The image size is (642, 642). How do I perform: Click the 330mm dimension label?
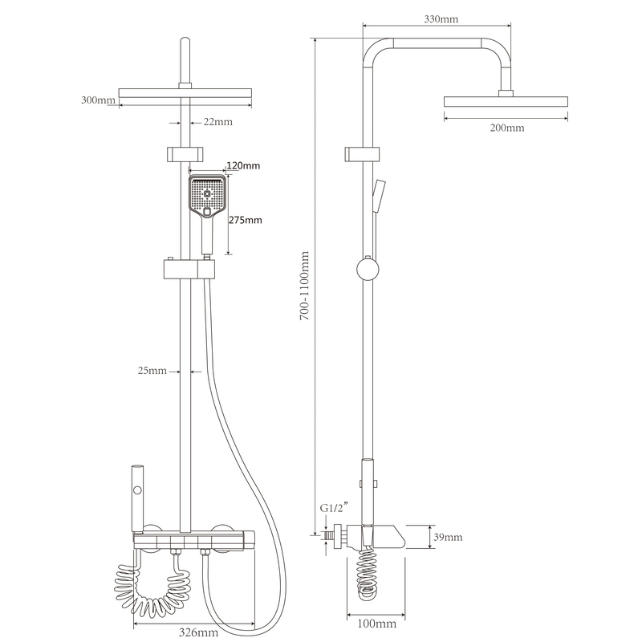(441, 18)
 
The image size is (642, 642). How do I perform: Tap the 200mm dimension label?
(507, 128)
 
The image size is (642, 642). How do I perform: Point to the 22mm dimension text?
(217, 122)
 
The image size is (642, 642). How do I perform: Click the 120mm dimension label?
(243, 165)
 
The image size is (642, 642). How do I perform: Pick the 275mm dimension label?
(246, 220)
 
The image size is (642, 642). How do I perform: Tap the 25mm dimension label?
(152, 371)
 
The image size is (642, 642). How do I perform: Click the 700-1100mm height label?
(305, 286)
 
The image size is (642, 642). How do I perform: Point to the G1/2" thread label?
(334, 508)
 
